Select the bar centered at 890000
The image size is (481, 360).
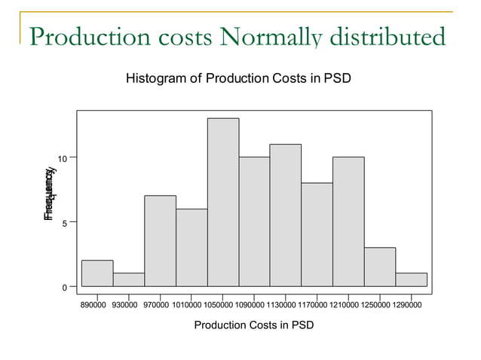tap(97, 273)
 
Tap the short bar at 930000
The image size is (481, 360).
tap(129, 279)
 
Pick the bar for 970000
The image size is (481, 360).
tap(160, 241)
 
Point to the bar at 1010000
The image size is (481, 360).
tap(191, 248)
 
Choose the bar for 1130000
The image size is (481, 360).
tap(286, 215)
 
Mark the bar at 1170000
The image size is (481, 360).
tap(317, 234)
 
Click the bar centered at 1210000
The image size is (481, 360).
tap(348, 221)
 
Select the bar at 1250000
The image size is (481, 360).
tap(380, 267)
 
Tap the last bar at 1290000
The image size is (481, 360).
tap(411, 279)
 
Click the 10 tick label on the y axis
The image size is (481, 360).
tap(65, 158)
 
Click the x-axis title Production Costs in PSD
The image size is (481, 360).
tap(254, 325)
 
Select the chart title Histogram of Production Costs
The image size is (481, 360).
tap(239, 78)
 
